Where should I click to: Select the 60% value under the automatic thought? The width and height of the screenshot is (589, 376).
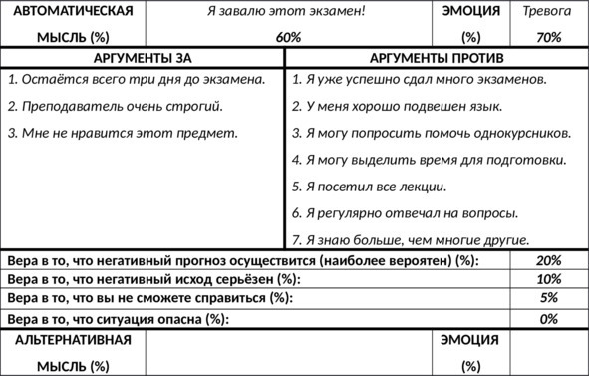click(x=288, y=37)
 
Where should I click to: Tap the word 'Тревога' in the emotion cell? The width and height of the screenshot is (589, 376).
click(x=547, y=12)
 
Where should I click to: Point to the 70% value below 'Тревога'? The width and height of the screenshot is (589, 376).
click(x=548, y=37)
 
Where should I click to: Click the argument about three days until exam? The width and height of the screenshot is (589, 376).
click(x=136, y=78)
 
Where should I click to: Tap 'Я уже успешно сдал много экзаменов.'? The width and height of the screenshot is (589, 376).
click(x=420, y=78)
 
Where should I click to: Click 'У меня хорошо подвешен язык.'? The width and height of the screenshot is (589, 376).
click(x=397, y=105)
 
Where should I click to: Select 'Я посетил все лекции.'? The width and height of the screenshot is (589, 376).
click(x=370, y=186)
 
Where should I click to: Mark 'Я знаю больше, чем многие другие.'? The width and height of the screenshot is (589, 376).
click(x=411, y=239)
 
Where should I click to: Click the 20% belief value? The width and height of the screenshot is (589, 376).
click(x=548, y=261)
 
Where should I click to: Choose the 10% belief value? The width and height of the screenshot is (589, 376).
click(x=548, y=279)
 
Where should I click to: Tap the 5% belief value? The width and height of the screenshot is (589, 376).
click(x=548, y=298)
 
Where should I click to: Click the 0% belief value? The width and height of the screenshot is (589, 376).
click(x=548, y=319)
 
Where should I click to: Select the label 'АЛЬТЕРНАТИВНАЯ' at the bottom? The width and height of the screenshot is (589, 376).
click(x=73, y=340)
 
